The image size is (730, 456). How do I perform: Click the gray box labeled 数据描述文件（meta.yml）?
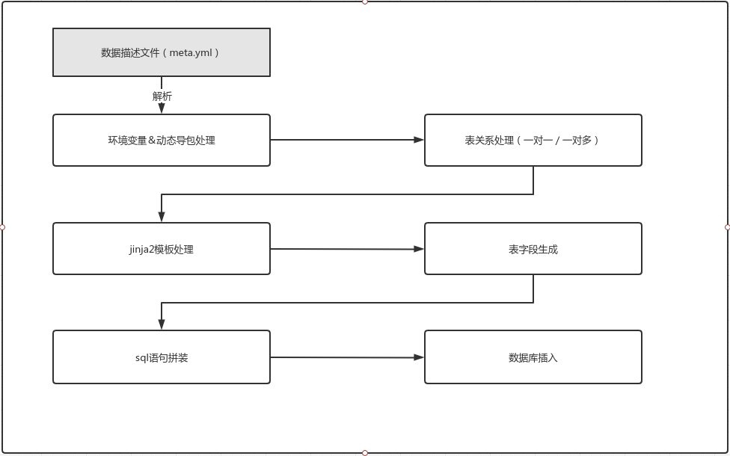point(161,52)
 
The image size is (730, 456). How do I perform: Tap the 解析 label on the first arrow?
point(162,96)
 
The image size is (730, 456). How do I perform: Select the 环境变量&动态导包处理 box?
point(161,140)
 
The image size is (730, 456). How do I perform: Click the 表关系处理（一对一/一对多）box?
point(533,140)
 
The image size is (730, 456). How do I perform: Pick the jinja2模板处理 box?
point(161,249)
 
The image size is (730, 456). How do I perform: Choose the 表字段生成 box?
point(533,249)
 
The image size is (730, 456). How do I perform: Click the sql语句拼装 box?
point(161,357)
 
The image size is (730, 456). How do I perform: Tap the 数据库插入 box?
point(533,357)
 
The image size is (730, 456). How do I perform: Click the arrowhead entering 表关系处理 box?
point(419,140)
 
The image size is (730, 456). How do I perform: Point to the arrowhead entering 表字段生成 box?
point(419,249)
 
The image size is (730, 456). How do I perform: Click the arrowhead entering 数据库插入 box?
point(419,357)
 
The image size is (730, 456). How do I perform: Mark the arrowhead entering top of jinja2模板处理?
point(162,217)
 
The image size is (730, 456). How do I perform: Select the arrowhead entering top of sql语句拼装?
point(162,324)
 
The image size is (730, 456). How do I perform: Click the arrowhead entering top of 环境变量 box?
point(162,108)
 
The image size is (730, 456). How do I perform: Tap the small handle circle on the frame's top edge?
point(365,1)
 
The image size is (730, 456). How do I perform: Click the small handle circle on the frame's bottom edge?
point(365,453)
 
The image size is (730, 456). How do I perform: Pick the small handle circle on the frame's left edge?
point(2,227)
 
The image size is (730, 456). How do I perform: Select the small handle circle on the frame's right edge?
point(728,227)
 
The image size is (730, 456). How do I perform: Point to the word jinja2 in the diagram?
point(141,250)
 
